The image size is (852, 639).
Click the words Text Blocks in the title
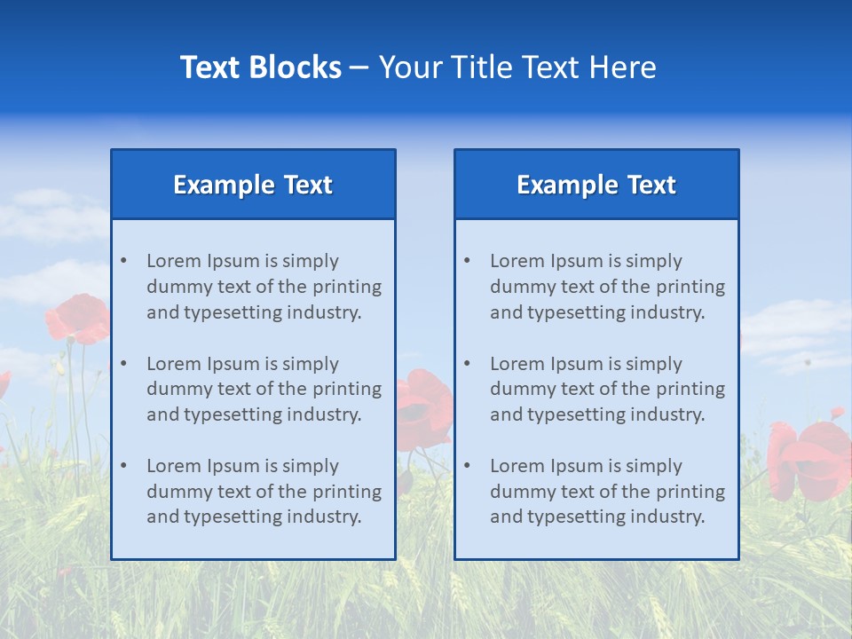pos(260,67)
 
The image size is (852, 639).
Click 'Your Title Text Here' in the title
pos(517,67)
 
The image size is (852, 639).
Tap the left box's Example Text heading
pos(253,185)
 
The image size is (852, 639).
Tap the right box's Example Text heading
pos(596,185)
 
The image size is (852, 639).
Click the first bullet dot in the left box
pos(123,261)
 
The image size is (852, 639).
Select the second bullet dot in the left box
pos(123,364)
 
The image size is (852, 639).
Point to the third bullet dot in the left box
pos(123,466)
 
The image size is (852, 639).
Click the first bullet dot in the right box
pos(467,261)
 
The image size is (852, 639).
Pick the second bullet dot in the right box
pos(467,364)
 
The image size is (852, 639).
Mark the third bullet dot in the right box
pos(467,466)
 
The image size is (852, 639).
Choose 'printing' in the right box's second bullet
pos(690,389)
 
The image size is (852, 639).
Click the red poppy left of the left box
pos(79,319)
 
